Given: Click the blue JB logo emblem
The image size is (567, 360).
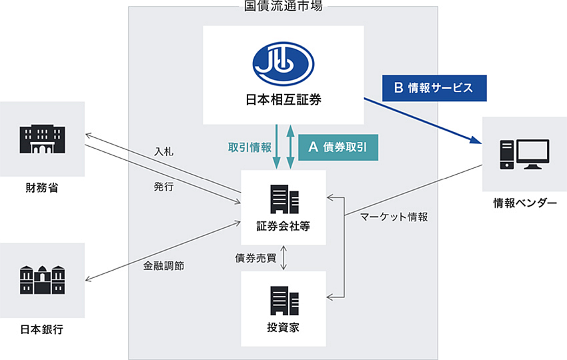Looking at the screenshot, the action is [x=283, y=63].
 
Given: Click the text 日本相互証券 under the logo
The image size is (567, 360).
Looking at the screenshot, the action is [x=283, y=100].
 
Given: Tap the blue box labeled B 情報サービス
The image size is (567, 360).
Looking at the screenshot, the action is [x=434, y=88].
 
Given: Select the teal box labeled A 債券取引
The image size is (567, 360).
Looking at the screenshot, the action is [x=338, y=147].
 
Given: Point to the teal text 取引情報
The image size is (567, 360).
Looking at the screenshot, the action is [x=250, y=147].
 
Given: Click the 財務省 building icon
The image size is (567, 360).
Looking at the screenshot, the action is [x=42, y=139].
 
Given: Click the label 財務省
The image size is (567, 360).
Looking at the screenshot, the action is [x=42, y=188].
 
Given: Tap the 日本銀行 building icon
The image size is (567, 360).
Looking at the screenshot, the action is [x=42, y=280].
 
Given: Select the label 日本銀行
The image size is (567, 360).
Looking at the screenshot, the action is [x=42, y=329].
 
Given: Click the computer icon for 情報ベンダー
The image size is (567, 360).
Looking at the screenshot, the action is [x=525, y=155].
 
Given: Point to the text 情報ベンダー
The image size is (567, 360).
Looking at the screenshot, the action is [x=525, y=203].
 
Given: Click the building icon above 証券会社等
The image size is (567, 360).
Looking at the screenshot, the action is [x=284, y=199].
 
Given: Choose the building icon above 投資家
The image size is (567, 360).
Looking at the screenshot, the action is [x=284, y=301].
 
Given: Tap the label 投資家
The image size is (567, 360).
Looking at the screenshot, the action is [x=283, y=328].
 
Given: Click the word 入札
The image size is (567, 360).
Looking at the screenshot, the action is [x=164, y=151].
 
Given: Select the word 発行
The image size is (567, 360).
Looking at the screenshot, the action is [x=164, y=187].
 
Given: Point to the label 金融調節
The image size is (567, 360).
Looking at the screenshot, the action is [x=164, y=266].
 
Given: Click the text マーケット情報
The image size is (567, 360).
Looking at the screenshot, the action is [x=394, y=217].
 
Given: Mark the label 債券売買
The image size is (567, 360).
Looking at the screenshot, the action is [x=255, y=258].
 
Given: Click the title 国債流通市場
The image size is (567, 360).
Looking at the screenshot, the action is [x=283, y=6].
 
